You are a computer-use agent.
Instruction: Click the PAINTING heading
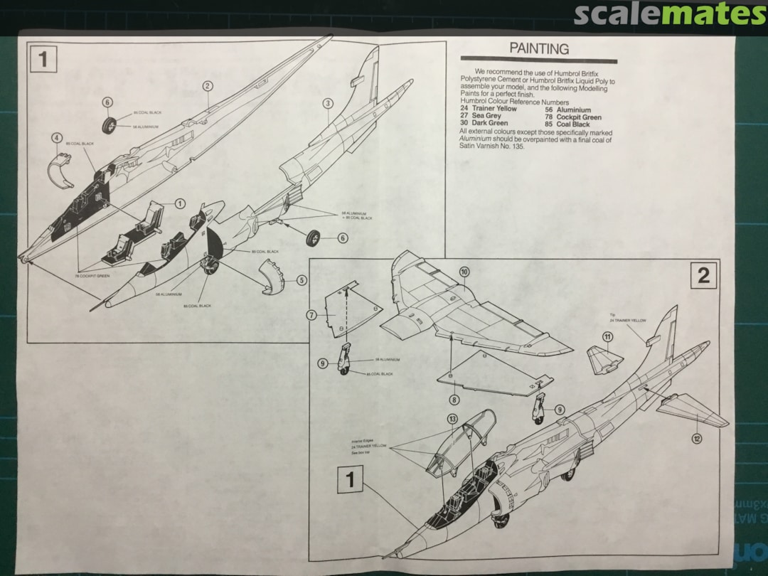pos(539,49)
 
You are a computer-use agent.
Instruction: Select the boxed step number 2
pos(703,275)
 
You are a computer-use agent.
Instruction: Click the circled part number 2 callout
pos(208,86)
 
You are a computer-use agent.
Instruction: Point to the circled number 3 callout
pos(328,103)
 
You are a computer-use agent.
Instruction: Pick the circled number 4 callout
pos(57,138)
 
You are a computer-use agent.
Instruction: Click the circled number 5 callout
pos(302,281)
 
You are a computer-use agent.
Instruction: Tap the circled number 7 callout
pos(311,314)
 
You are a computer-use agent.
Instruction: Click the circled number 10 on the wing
pos(464,272)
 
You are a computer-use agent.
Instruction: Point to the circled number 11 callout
pos(607,336)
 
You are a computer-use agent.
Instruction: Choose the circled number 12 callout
pos(697,439)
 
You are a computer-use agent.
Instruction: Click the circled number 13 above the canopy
pos(452,419)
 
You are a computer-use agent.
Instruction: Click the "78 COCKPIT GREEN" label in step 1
pos(92,275)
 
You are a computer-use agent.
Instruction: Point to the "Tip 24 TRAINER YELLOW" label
pos(629,319)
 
